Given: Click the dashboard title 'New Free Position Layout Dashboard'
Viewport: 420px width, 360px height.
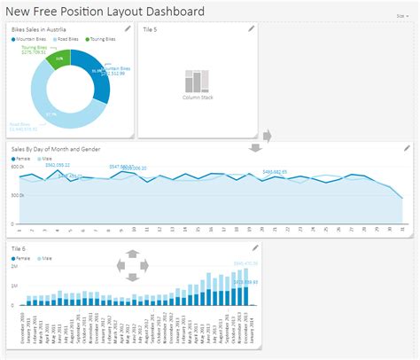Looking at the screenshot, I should click(x=106, y=12).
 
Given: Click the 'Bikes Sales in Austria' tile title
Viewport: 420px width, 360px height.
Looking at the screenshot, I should click(x=41, y=31).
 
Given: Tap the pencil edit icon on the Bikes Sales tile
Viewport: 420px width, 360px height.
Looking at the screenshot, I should click(x=128, y=29).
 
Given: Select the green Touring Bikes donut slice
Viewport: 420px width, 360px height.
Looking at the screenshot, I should click(x=59, y=59).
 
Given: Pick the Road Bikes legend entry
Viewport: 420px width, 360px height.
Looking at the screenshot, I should click(x=66, y=40).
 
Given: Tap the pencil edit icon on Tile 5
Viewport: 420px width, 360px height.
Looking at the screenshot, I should click(x=252, y=29).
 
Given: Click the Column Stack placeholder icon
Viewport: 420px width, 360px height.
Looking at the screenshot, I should click(x=197, y=81).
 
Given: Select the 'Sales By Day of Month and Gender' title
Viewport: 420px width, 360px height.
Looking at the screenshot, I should click(x=55, y=148).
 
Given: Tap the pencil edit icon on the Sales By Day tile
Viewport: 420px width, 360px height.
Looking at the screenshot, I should click(x=407, y=148).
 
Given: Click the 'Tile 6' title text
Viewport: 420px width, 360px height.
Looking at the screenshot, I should click(x=20, y=247).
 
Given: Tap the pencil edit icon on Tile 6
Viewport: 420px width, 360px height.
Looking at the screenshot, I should click(x=254, y=247).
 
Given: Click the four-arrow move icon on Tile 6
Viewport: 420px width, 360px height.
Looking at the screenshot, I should click(x=132, y=265).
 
